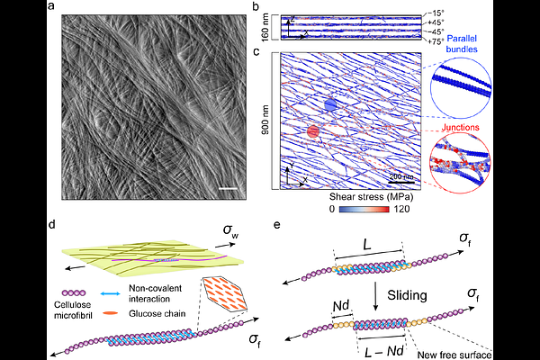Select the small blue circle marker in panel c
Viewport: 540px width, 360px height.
tap(330, 105)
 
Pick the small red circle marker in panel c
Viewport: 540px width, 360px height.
tap(313, 132)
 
